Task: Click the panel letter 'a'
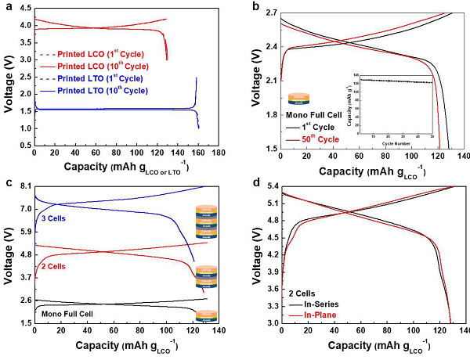(7, 7)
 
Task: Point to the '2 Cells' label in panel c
(50, 267)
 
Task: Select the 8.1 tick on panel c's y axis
(23, 186)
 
